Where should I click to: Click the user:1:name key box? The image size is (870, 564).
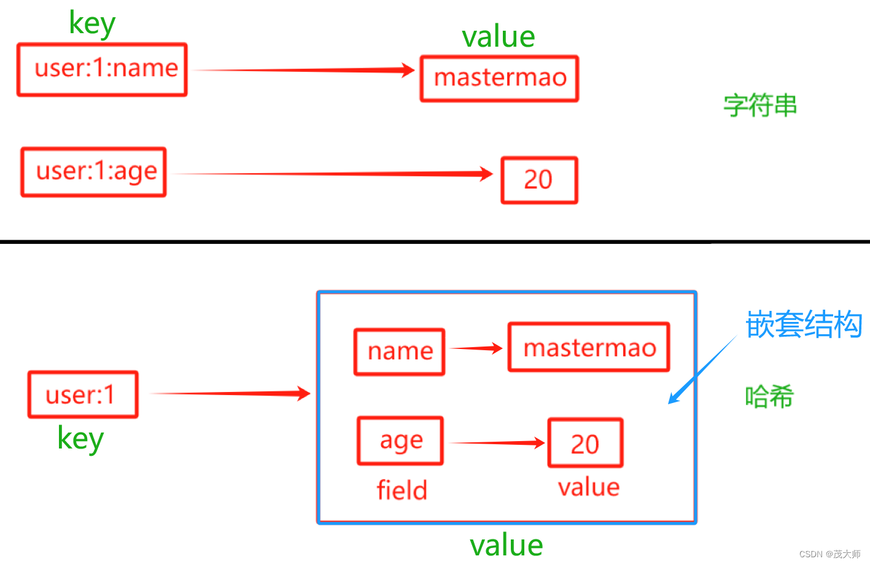(102, 69)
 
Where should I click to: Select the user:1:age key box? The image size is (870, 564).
(94, 172)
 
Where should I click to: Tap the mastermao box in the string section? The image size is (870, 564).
(499, 79)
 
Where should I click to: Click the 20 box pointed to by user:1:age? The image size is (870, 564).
(539, 180)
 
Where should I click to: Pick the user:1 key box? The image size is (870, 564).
(83, 394)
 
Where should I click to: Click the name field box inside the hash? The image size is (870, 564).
(400, 352)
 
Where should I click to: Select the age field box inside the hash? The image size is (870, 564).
(400, 441)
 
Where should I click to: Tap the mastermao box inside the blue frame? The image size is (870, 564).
(589, 348)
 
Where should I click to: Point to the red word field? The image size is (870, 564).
(402, 490)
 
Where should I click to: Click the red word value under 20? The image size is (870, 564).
(589, 487)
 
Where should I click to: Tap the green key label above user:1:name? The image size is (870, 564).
(92, 24)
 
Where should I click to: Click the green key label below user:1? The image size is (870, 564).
(80, 439)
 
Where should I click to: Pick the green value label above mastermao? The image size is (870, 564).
(499, 37)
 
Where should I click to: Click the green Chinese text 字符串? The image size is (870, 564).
(760, 106)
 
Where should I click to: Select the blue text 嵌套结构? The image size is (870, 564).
(804, 324)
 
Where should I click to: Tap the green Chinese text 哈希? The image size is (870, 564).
(769, 397)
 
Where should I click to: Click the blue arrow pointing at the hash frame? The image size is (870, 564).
(701, 370)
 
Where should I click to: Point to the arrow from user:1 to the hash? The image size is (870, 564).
(230, 394)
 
